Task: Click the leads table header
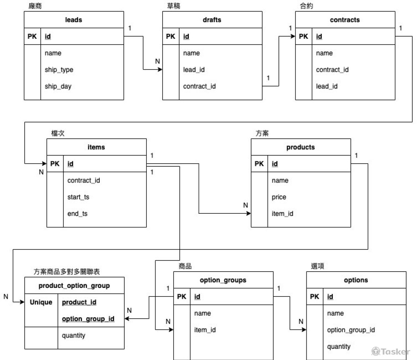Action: pyautogui.click(x=74, y=20)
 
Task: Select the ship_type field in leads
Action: pyautogui.click(x=59, y=70)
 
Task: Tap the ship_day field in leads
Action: pyautogui.click(x=58, y=87)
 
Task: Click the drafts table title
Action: pyautogui.click(x=212, y=20)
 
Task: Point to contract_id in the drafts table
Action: pyautogui.click(x=199, y=87)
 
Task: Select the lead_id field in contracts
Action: pyautogui.click(x=327, y=87)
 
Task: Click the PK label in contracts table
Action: pyautogui.click(x=303, y=37)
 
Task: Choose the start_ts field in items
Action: pyautogui.click(x=78, y=197)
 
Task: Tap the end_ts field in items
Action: pyautogui.click(x=78, y=214)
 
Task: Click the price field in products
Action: pyautogui.click(x=279, y=197)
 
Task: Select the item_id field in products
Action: pyautogui.click(x=282, y=214)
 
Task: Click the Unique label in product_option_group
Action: pyautogui.click(x=41, y=302)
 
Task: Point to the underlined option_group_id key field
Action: pyautogui.click(x=88, y=319)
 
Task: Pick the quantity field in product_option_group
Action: pyautogui.click(x=73, y=335)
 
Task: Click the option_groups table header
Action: pyautogui.click(x=224, y=280)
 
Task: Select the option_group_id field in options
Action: pyautogui.click(x=351, y=330)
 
